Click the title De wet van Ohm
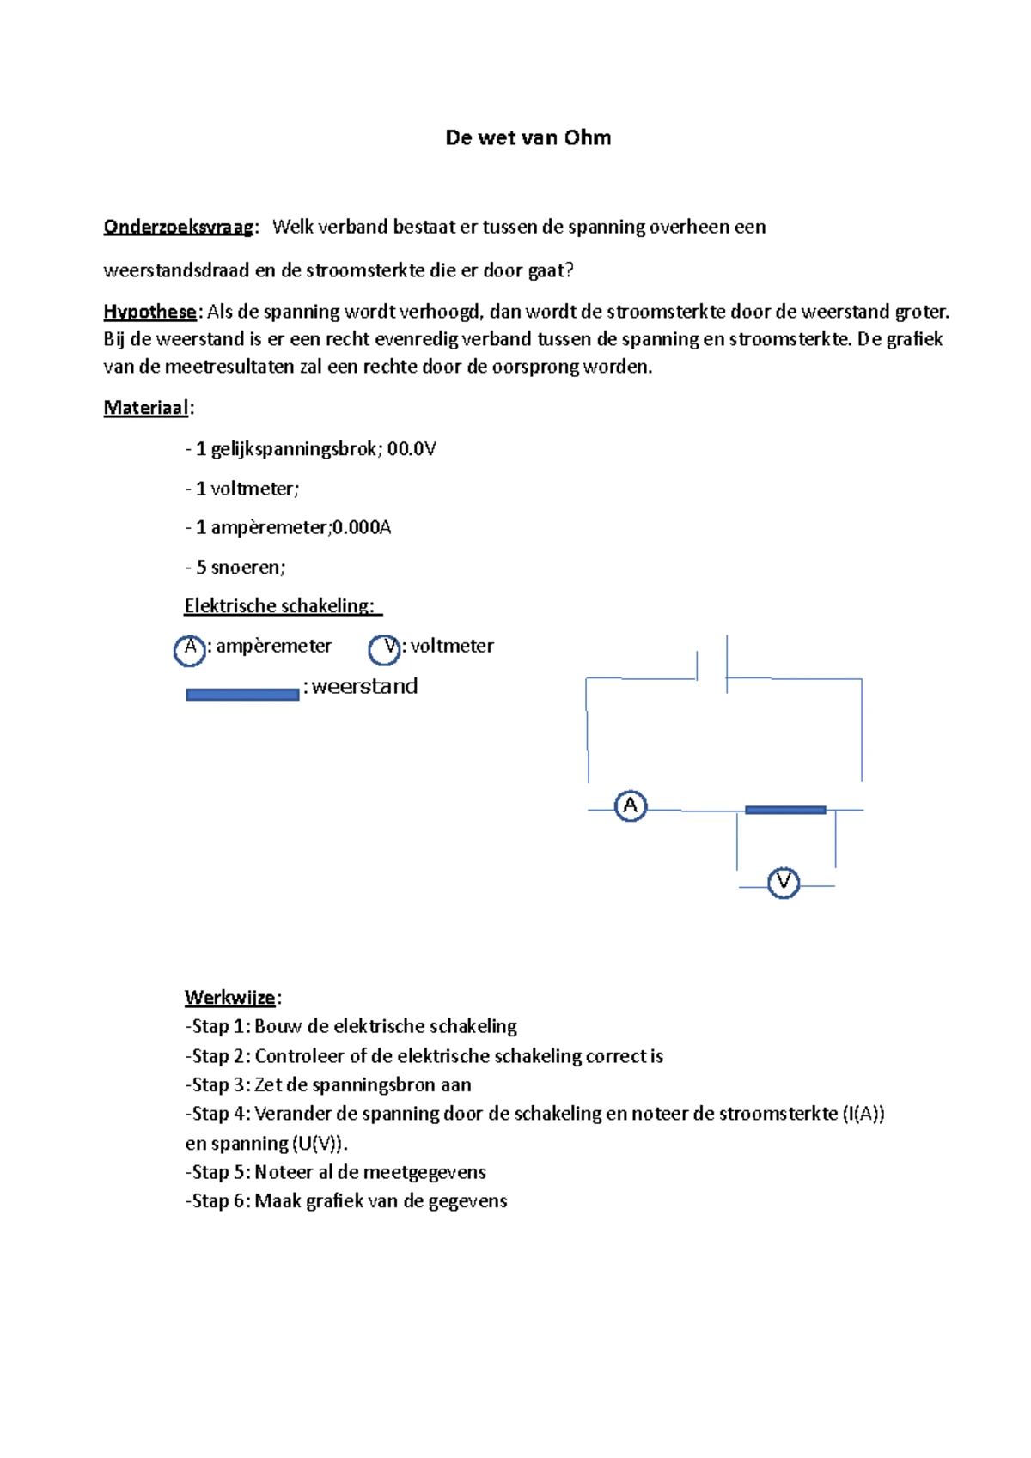click(528, 138)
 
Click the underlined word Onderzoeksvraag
click(179, 228)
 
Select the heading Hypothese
click(149, 312)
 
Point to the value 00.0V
click(412, 449)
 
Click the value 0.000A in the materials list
click(362, 527)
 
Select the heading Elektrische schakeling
click(279, 606)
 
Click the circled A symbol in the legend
click(190, 649)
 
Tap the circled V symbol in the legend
click(384, 649)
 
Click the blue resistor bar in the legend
click(242, 695)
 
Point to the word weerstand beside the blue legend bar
click(364, 687)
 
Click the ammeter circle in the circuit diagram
click(631, 806)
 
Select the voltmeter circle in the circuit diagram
click(783, 883)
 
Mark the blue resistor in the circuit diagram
click(785, 810)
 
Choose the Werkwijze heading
click(229, 998)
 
